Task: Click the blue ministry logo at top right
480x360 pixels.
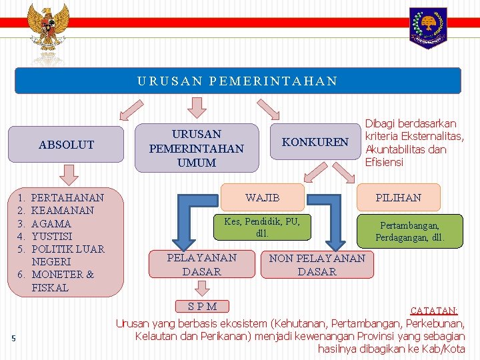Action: point(428,27)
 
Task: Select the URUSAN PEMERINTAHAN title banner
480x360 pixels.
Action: point(238,81)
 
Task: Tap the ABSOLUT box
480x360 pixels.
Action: point(67,144)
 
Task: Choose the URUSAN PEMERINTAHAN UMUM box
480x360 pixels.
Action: point(197,148)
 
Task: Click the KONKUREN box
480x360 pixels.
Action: point(315,141)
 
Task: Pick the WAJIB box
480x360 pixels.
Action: point(263,197)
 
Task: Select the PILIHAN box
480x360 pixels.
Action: point(398,197)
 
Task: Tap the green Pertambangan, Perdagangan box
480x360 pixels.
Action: point(410,231)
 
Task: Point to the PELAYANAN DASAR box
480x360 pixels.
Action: point(201,265)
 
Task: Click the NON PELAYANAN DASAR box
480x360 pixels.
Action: point(317,265)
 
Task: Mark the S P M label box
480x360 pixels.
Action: point(201,306)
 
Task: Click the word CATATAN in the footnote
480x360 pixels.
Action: point(433,311)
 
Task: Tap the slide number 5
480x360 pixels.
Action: point(13,339)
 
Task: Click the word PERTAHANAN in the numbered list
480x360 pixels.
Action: point(67,198)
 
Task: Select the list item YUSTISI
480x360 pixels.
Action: point(51,236)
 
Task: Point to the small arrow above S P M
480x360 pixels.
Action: point(200,288)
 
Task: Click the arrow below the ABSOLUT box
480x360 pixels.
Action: point(67,175)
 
